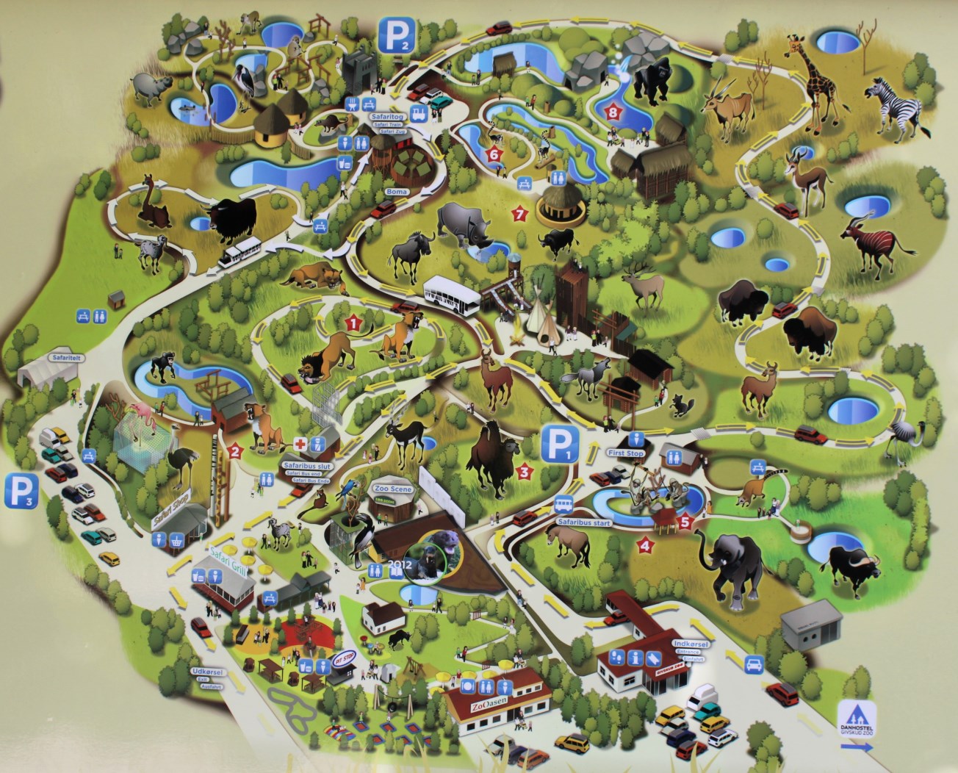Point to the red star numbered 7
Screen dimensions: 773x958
[521, 214]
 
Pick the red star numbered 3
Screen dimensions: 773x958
[525, 471]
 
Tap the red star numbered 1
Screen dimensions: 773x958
[353, 321]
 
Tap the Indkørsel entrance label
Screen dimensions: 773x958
[690, 644]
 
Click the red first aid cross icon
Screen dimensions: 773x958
[300, 443]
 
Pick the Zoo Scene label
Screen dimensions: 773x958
[393, 489]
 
